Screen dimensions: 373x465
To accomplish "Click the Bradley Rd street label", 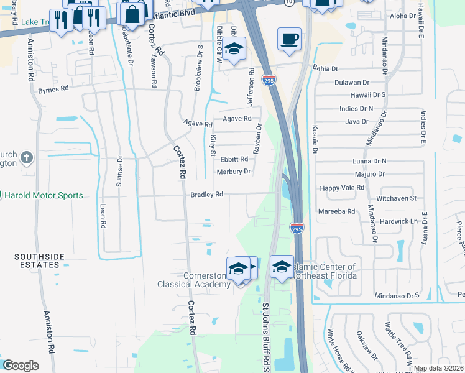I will [206, 195].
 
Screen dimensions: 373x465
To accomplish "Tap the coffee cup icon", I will [289, 39].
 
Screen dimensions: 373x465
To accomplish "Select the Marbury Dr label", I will [233, 172].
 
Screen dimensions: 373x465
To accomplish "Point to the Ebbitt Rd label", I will [234, 159].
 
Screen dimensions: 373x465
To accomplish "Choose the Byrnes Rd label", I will [53, 90].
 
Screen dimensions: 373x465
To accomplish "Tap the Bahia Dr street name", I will [325, 68].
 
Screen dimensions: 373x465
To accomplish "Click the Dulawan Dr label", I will [352, 82].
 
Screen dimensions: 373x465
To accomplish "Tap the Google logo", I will [21, 366].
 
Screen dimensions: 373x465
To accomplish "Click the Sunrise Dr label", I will [121, 171].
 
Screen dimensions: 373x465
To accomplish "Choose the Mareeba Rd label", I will [337, 211].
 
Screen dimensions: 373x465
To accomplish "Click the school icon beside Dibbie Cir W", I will [234, 49].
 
